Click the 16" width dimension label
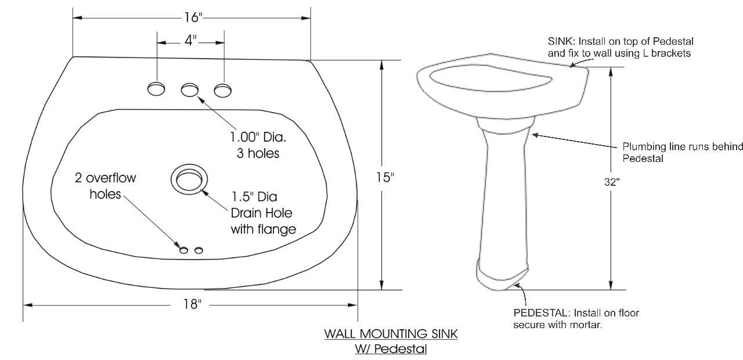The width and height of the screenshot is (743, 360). coord(193,17)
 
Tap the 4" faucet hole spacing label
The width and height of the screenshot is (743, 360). coord(191,41)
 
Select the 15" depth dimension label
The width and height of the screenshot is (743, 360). coord(385,178)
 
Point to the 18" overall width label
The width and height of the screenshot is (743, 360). coord(192,304)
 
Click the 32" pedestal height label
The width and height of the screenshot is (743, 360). coord(612,182)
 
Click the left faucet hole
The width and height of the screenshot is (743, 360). coord(156,89)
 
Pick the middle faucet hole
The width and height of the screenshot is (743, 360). coord(190,90)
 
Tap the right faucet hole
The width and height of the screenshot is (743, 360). coord(222,91)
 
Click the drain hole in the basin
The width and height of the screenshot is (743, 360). coord(189,179)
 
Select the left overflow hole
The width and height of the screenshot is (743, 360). coord(184,250)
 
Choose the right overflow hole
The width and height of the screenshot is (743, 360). coord(199,250)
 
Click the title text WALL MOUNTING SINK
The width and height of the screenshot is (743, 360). coord(391,334)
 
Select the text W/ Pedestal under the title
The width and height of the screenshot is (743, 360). coord(391,349)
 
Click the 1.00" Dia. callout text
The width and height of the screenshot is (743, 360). coord(258,137)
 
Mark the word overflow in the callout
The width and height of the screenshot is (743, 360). coord(111,178)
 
